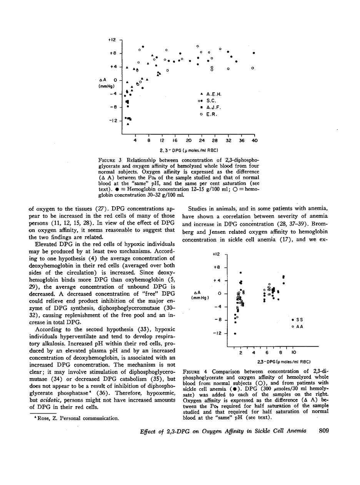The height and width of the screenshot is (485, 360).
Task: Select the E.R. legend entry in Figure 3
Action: click(210, 115)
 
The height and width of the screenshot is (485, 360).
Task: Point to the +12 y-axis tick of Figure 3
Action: click(112, 40)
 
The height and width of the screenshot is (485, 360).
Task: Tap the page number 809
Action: click(324, 431)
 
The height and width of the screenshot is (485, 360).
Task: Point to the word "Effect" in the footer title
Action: click(149, 431)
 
